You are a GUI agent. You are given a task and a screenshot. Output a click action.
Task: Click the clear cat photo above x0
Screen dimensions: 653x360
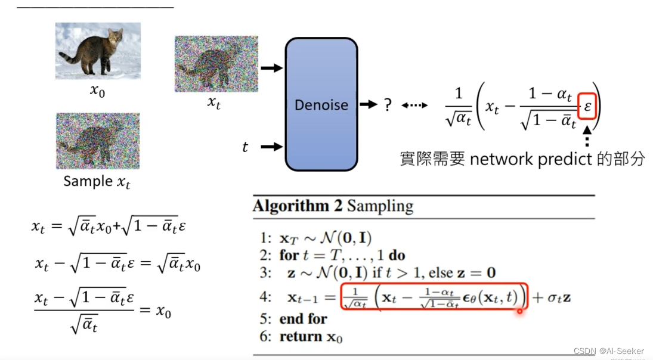[x=98, y=51]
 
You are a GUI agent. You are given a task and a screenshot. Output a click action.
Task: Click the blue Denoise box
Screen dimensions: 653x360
[x=321, y=104]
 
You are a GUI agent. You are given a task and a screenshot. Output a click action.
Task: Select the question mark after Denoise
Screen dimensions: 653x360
[x=388, y=105]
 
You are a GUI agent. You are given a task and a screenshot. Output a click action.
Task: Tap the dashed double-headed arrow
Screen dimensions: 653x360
[x=414, y=105]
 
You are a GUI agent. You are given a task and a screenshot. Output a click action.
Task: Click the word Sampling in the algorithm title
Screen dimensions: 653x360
[x=380, y=207]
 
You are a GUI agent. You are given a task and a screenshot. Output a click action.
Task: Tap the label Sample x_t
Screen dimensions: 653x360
[x=97, y=181]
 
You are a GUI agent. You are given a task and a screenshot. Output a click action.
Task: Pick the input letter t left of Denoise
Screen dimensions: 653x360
[x=245, y=147]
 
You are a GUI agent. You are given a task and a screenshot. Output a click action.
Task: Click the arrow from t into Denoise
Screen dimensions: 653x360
[x=271, y=146]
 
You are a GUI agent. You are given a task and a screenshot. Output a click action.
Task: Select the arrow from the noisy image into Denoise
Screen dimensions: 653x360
[x=271, y=68]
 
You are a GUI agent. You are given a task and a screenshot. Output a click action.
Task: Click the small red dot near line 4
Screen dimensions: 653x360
[x=520, y=311]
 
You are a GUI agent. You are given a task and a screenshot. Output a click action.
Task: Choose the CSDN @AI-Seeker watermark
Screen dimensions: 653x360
[x=608, y=352]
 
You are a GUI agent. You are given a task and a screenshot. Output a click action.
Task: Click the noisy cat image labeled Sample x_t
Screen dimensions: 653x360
[x=98, y=141]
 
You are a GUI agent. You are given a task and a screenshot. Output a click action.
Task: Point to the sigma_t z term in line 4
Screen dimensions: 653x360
[x=559, y=296]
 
